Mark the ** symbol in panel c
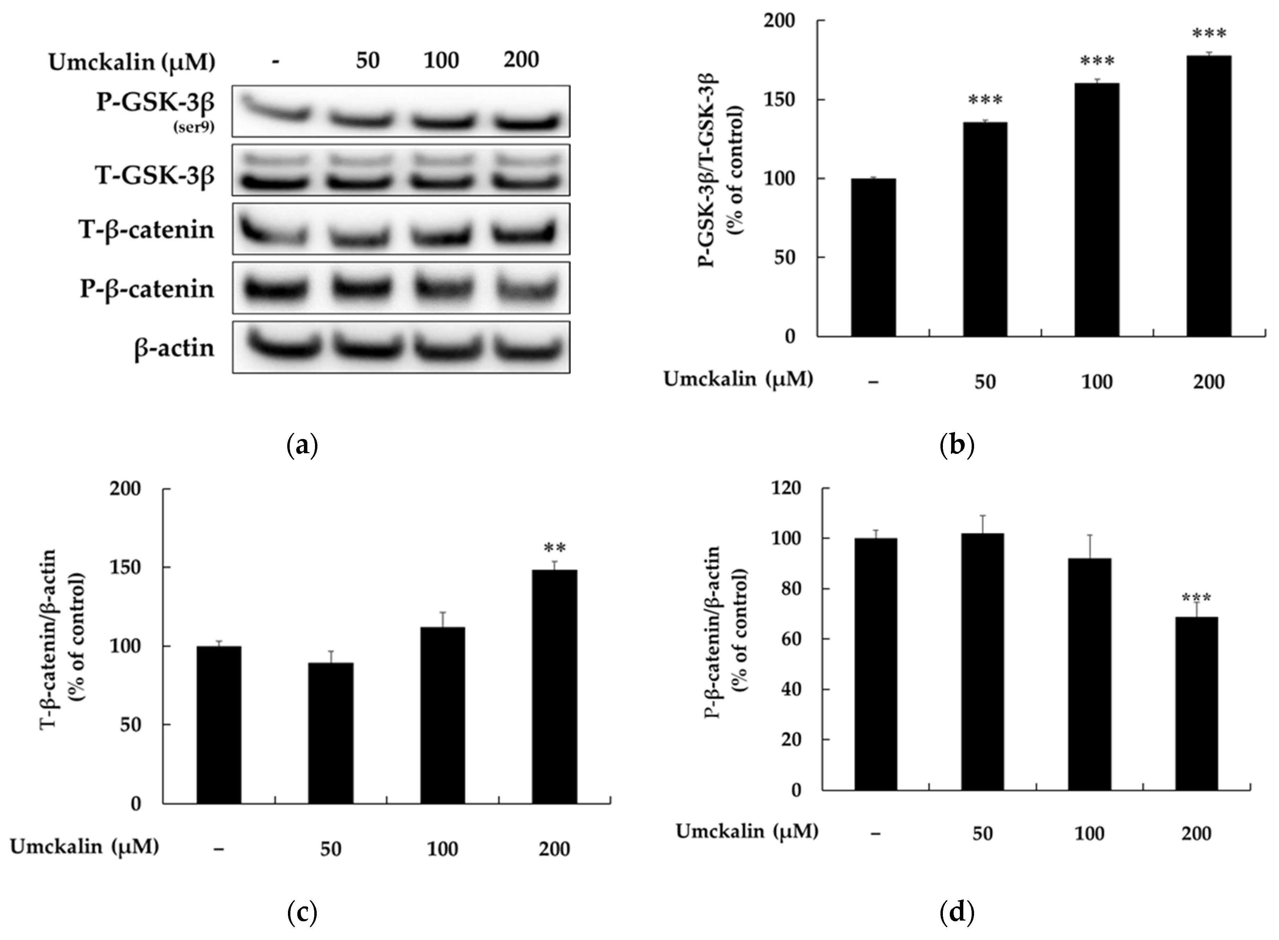click(x=554, y=548)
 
